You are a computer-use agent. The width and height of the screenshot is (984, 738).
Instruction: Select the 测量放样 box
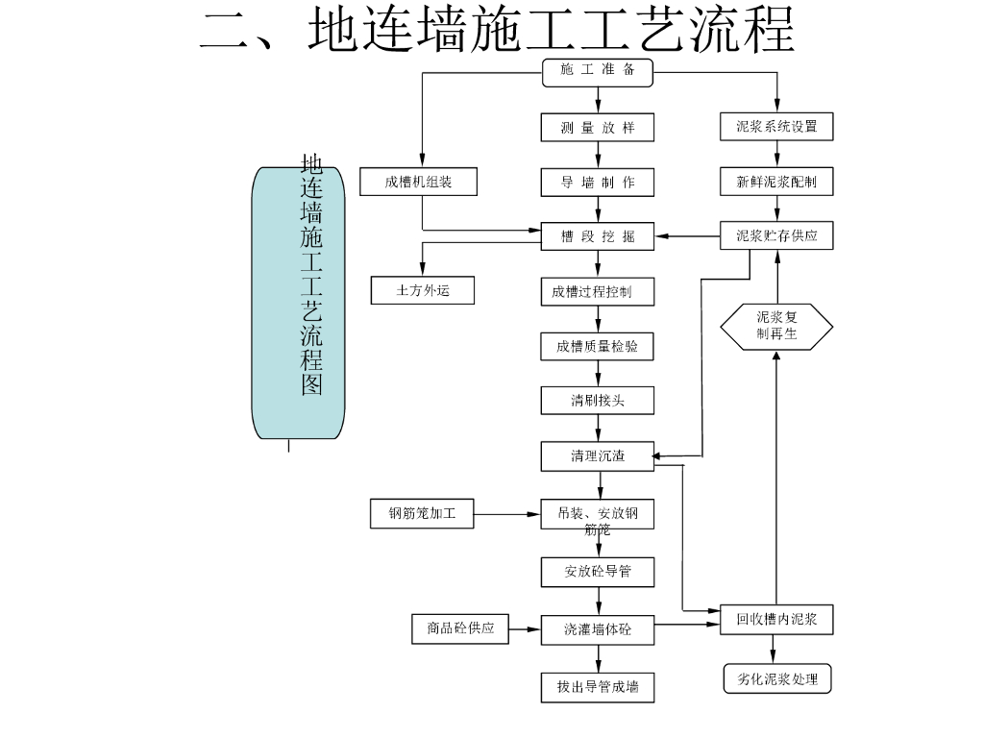click(x=598, y=127)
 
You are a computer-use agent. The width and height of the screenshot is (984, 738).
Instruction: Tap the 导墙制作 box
click(x=598, y=182)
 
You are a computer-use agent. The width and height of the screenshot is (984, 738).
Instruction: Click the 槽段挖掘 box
click(x=598, y=236)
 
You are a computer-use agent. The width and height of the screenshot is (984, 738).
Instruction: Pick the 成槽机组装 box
click(x=418, y=182)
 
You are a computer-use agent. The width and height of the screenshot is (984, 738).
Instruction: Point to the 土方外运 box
click(x=423, y=290)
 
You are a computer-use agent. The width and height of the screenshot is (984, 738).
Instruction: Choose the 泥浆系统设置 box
click(x=776, y=127)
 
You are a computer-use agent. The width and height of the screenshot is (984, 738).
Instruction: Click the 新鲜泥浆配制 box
click(x=776, y=182)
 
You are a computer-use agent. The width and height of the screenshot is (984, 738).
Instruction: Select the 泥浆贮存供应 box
click(x=776, y=235)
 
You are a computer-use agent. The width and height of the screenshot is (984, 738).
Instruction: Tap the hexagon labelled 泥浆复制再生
click(x=776, y=327)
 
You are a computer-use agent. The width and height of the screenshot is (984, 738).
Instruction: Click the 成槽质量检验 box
click(x=598, y=346)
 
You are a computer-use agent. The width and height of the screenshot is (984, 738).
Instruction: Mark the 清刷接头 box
click(x=598, y=400)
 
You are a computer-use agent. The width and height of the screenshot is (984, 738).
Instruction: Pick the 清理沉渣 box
click(x=598, y=455)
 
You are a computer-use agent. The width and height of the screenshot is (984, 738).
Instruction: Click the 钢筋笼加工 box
click(x=423, y=514)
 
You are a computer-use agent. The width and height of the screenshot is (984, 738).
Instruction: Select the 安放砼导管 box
click(x=598, y=572)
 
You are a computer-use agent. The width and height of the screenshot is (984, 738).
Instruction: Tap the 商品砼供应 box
click(x=460, y=628)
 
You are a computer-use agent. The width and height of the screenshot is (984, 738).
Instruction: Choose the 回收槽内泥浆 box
click(x=776, y=620)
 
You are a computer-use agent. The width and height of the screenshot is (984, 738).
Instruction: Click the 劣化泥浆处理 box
click(x=776, y=678)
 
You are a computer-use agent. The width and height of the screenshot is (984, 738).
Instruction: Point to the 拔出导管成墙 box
click(x=598, y=686)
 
